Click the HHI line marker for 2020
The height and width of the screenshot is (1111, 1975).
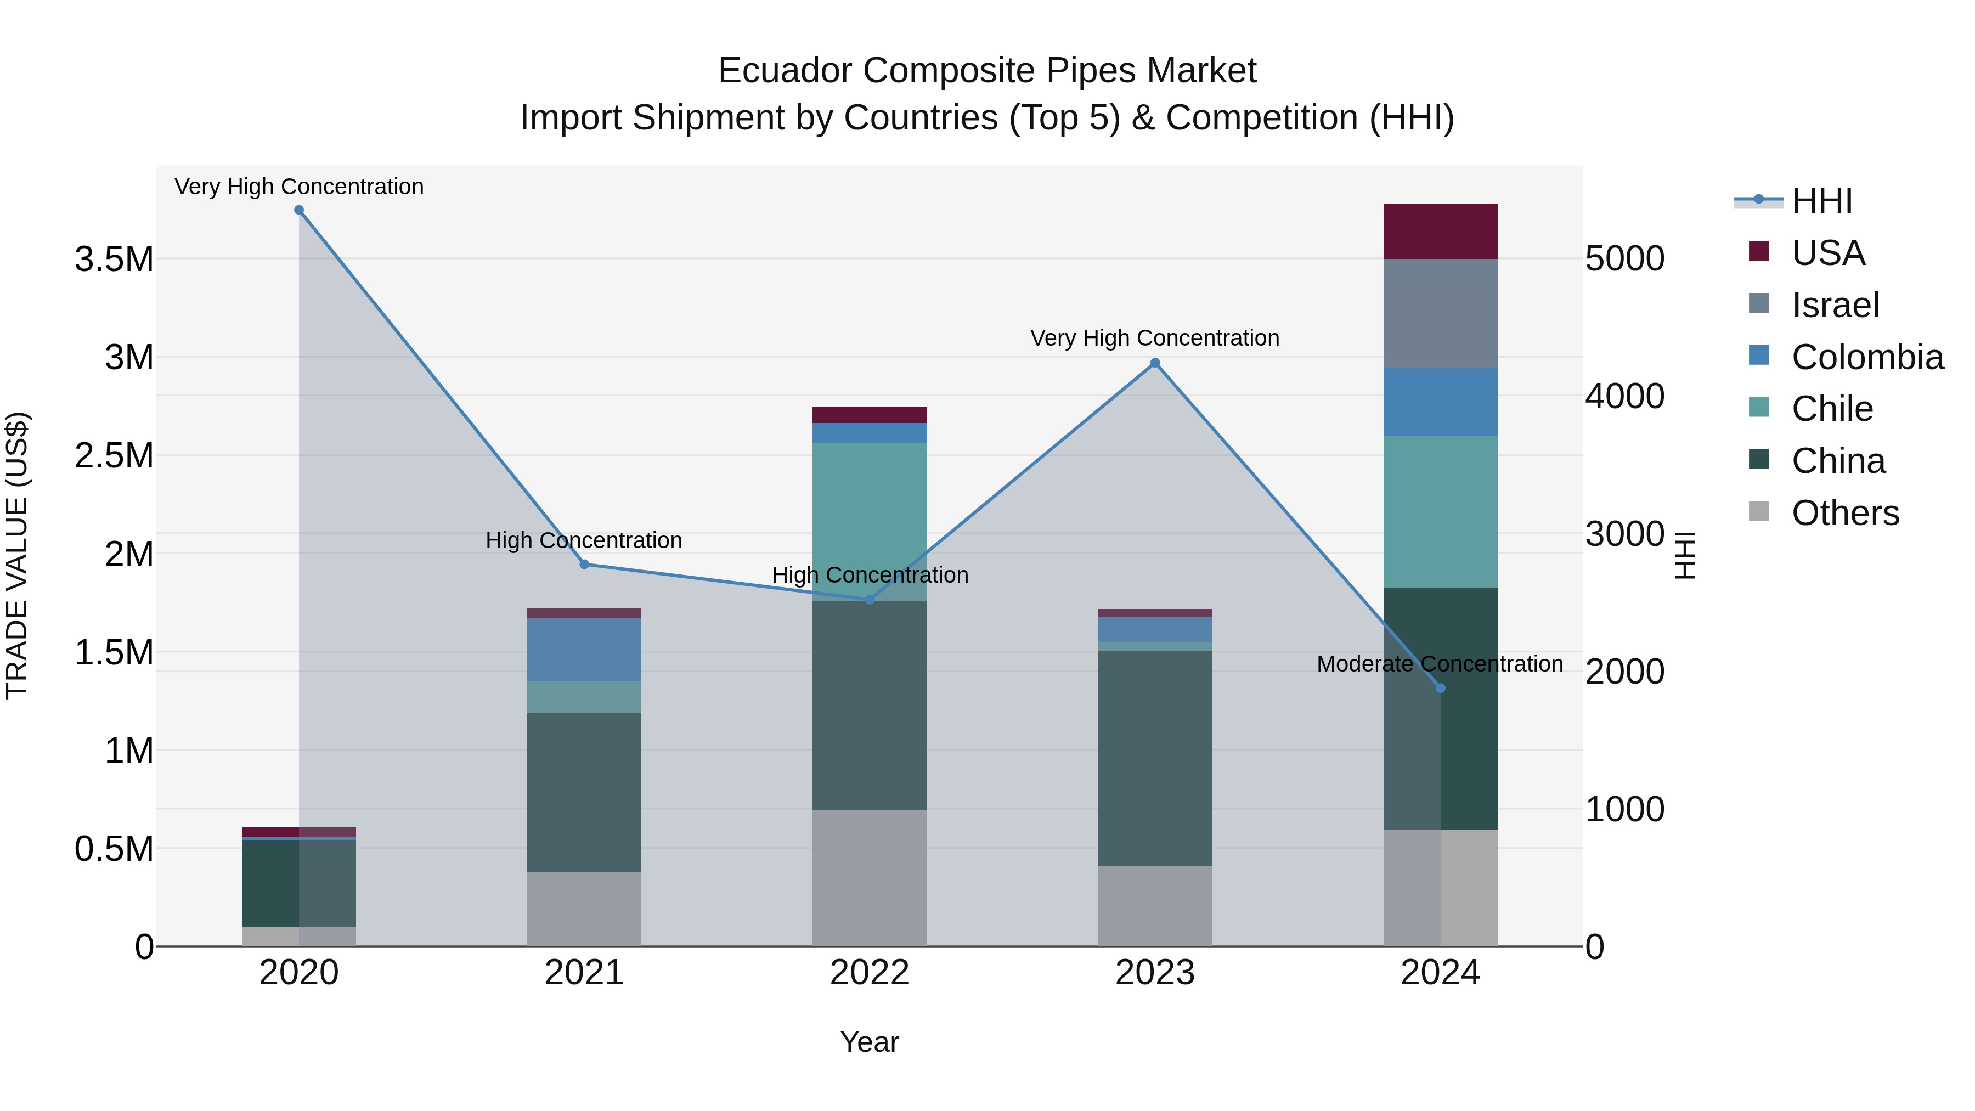(x=299, y=210)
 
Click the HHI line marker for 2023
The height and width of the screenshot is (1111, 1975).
(x=1155, y=363)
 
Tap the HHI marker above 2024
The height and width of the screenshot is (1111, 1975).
(x=1440, y=688)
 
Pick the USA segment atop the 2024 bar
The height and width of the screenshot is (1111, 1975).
(x=1440, y=231)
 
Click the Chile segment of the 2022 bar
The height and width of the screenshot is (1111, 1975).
(x=870, y=521)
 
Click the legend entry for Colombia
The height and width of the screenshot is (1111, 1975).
(x=1867, y=357)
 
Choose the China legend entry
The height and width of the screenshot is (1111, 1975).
(x=1838, y=461)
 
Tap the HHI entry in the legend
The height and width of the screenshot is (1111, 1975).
(x=1821, y=201)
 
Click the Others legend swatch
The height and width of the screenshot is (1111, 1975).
(x=1759, y=511)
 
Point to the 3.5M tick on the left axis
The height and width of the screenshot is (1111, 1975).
(x=114, y=259)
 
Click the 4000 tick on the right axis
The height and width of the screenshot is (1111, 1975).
(x=1624, y=397)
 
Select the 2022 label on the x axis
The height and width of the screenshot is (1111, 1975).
(x=870, y=972)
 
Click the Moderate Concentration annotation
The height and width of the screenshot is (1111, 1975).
(x=1439, y=663)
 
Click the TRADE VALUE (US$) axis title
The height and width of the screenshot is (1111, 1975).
(x=17, y=555)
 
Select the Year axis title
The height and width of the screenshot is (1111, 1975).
(x=870, y=1042)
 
